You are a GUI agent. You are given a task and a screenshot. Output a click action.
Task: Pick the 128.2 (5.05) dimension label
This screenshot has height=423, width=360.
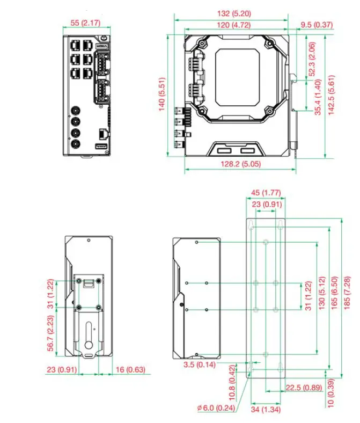[239, 164]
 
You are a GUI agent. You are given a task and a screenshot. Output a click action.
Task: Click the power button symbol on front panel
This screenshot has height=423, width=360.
[102, 38]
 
